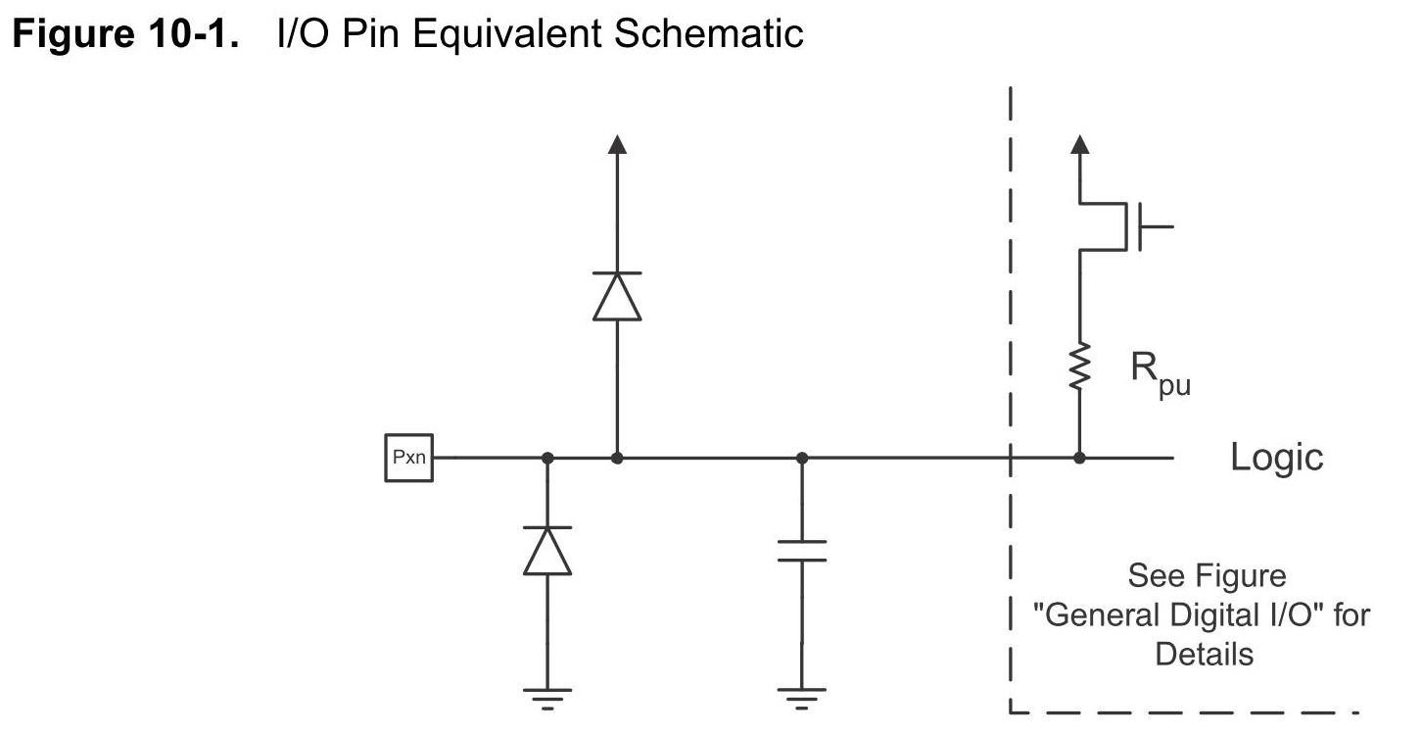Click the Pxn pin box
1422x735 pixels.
pyautogui.click(x=408, y=458)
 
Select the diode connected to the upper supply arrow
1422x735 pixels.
pyautogui.click(x=617, y=295)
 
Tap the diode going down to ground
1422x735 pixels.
pyautogui.click(x=546, y=551)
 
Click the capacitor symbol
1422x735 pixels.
pyautogui.click(x=802, y=550)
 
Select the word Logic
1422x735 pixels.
pyautogui.click(x=1276, y=458)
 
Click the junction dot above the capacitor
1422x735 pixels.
pyautogui.click(x=802, y=458)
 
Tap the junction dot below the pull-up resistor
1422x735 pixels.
pyautogui.click(x=1079, y=458)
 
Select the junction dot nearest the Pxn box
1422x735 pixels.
pyautogui.click(x=546, y=458)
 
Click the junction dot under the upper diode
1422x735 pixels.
pyautogui.click(x=617, y=458)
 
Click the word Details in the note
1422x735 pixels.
pyautogui.click(x=1204, y=654)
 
